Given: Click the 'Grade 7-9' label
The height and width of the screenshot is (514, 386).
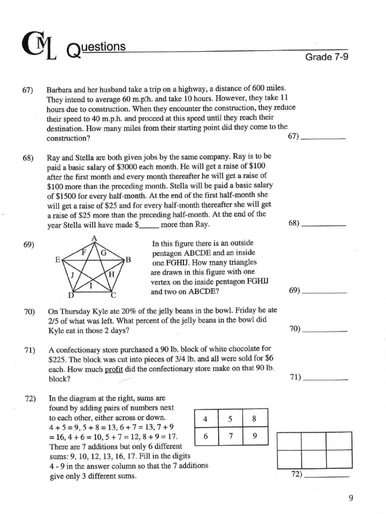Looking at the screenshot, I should [327, 57].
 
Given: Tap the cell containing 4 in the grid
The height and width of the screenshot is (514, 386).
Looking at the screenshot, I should [206, 419].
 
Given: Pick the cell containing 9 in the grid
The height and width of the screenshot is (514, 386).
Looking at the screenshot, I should [255, 436].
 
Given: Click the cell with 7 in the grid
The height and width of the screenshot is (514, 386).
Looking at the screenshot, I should [230, 436].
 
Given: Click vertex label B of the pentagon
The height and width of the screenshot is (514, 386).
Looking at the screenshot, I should [128, 260].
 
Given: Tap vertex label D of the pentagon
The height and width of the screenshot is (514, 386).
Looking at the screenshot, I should [71, 295].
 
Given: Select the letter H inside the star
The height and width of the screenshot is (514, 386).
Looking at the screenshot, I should [112, 274].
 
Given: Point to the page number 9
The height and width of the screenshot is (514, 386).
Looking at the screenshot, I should [351, 498].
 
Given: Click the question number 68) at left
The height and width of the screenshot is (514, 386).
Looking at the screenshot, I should [28, 158].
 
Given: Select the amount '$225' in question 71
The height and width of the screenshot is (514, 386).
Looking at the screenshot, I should [58, 359].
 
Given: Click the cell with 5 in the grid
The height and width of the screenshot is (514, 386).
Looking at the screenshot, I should [230, 419].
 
